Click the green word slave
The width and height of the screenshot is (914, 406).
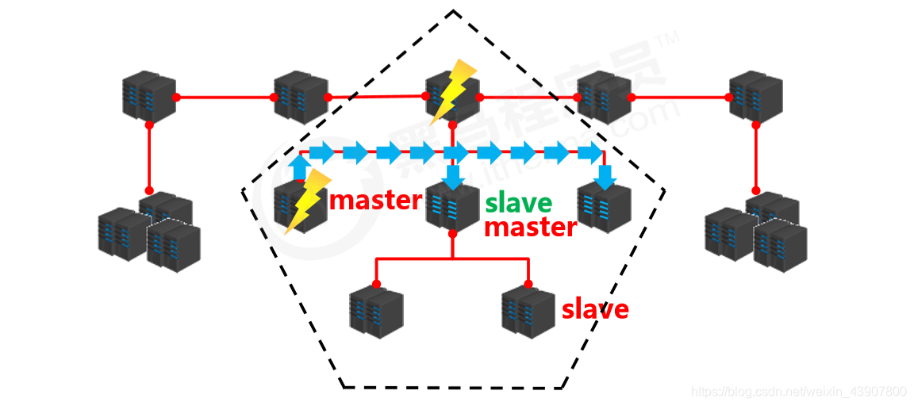[518, 203]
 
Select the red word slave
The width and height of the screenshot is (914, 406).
[595, 308]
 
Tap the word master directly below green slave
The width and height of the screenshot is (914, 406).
[529, 228]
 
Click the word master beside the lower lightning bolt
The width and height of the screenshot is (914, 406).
[374, 200]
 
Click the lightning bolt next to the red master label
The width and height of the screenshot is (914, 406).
[305, 200]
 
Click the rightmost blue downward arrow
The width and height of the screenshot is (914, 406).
[605, 176]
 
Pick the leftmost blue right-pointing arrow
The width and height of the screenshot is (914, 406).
[321, 152]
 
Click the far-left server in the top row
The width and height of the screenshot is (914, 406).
[148, 97]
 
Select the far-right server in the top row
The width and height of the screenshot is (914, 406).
[755, 96]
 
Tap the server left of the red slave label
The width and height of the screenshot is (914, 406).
[528, 312]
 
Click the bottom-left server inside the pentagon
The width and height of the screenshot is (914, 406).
[376, 312]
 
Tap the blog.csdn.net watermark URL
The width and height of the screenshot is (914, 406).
[798, 392]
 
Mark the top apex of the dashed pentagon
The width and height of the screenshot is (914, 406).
[453, 11]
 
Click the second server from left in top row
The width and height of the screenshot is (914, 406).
[301, 97]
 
